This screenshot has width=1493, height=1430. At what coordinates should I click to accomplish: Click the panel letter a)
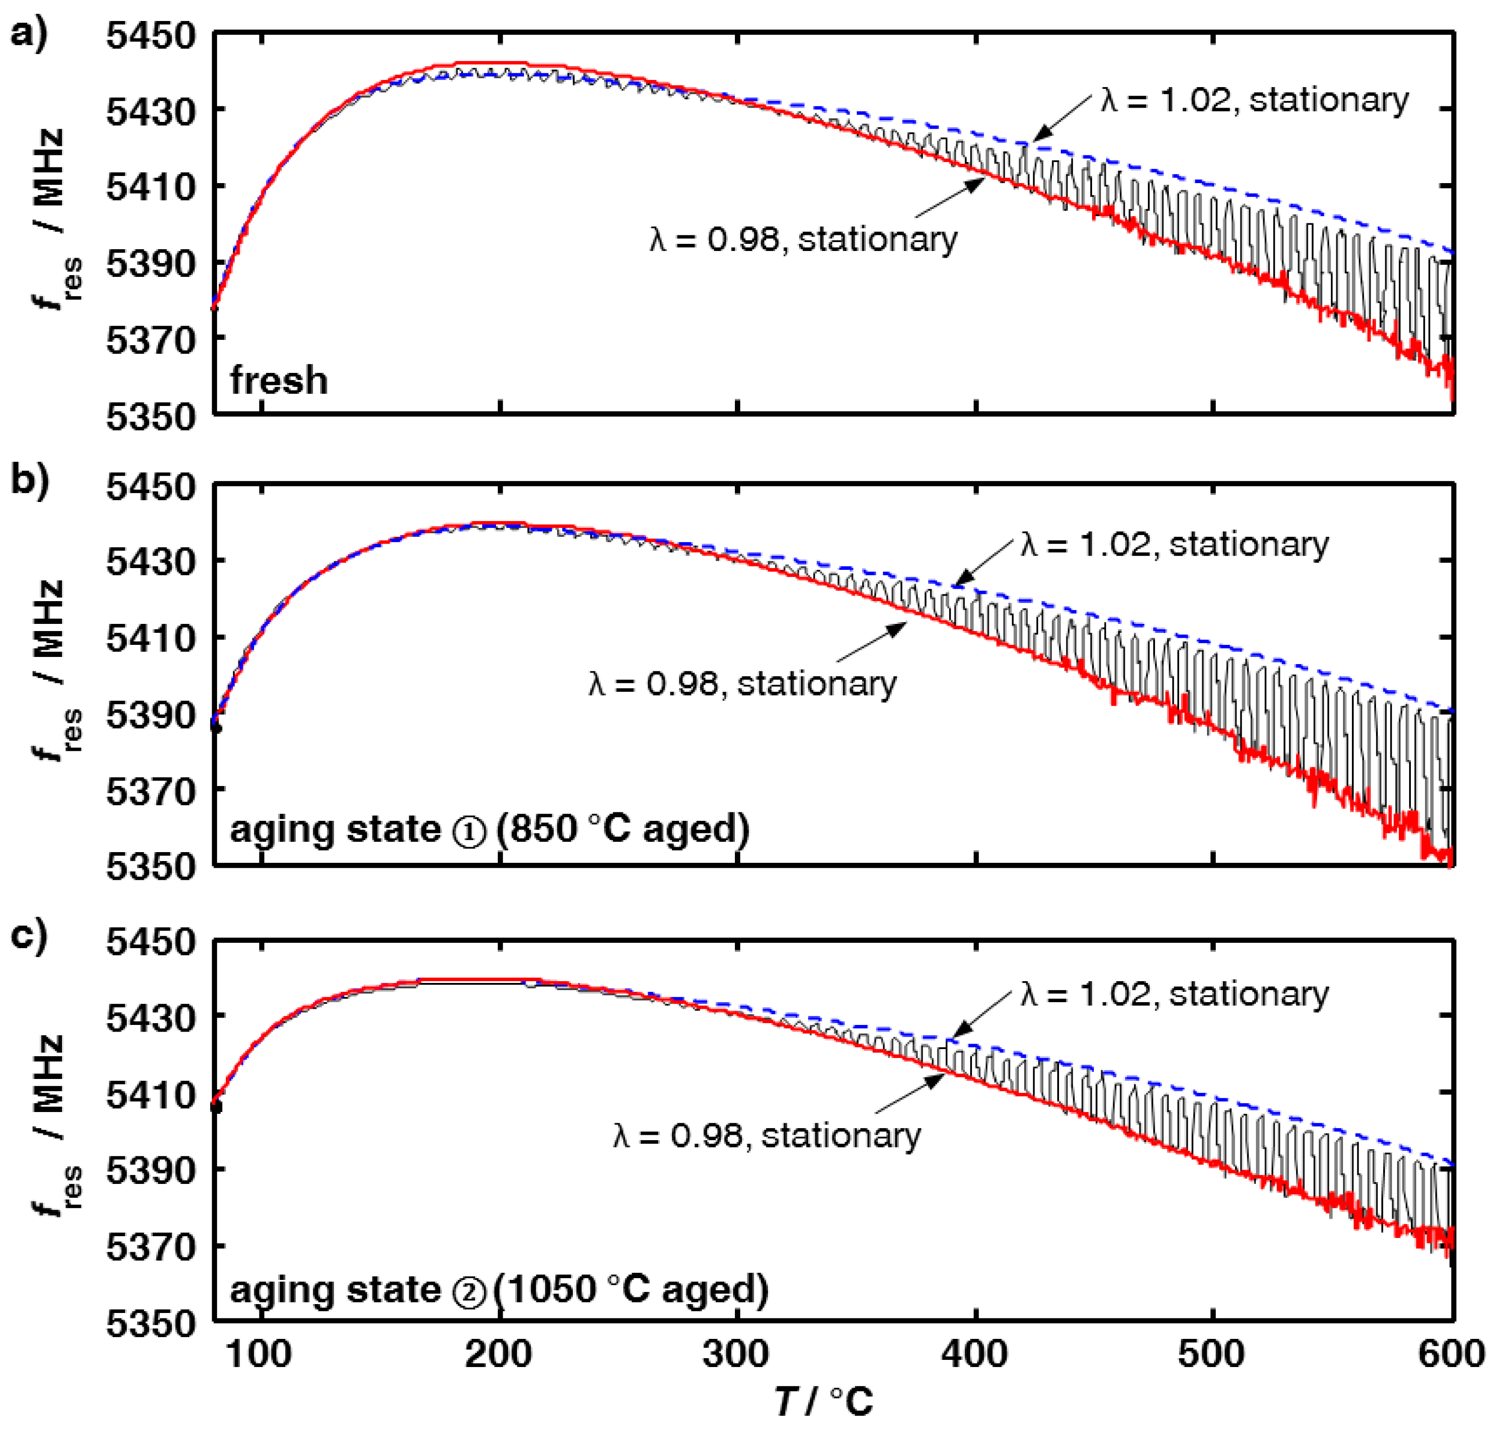point(29,34)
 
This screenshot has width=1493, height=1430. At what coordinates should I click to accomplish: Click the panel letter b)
point(29,481)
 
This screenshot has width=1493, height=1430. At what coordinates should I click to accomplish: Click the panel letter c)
point(29,936)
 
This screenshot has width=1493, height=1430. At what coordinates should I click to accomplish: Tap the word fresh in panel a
point(279,380)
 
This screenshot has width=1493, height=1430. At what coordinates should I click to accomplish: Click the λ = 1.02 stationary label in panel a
point(1254,100)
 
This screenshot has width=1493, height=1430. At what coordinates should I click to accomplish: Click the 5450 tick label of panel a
point(150,36)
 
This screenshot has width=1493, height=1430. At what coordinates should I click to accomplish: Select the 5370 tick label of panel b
point(150,791)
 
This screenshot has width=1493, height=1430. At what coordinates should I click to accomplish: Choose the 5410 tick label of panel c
point(150,1095)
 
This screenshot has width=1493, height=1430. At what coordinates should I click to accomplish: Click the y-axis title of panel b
point(53,670)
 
